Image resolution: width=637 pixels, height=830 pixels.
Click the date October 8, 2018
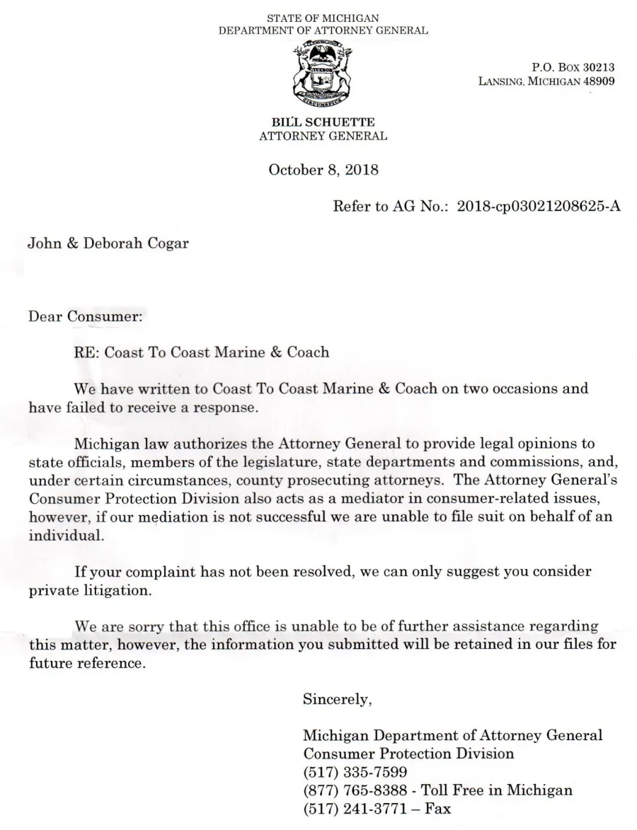point(323,170)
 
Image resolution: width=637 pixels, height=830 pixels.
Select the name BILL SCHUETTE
point(323,123)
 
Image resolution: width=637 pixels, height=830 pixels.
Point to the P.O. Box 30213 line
point(573,68)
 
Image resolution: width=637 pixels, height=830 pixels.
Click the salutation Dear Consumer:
point(86,316)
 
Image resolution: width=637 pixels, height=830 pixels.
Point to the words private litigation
point(89,589)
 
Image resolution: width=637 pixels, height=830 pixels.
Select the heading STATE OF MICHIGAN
point(323,18)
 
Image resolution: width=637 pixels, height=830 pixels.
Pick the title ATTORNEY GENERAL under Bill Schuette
point(323,136)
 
